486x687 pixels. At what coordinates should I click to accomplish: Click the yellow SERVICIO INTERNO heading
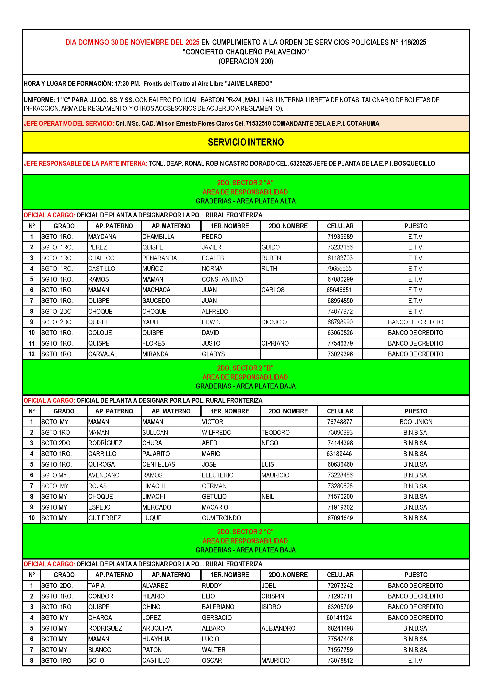tap(246, 142)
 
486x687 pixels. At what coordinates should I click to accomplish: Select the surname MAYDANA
tap(102, 237)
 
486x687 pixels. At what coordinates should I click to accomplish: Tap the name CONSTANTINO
tap(222, 279)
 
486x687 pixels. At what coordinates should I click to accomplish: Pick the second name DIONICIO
tap(274, 322)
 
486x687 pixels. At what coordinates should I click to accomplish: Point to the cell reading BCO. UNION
tap(416, 422)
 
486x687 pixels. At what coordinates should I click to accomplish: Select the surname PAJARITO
tap(156, 454)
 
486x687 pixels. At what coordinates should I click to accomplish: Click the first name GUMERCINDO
tap(222, 518)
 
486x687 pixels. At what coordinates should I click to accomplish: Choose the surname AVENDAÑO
tap(104, 475)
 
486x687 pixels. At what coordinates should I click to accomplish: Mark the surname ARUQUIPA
tap(157, 628)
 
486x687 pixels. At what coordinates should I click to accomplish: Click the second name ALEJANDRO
tap(278, 628)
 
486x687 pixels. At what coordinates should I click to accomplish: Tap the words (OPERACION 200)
tap(246, 61)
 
